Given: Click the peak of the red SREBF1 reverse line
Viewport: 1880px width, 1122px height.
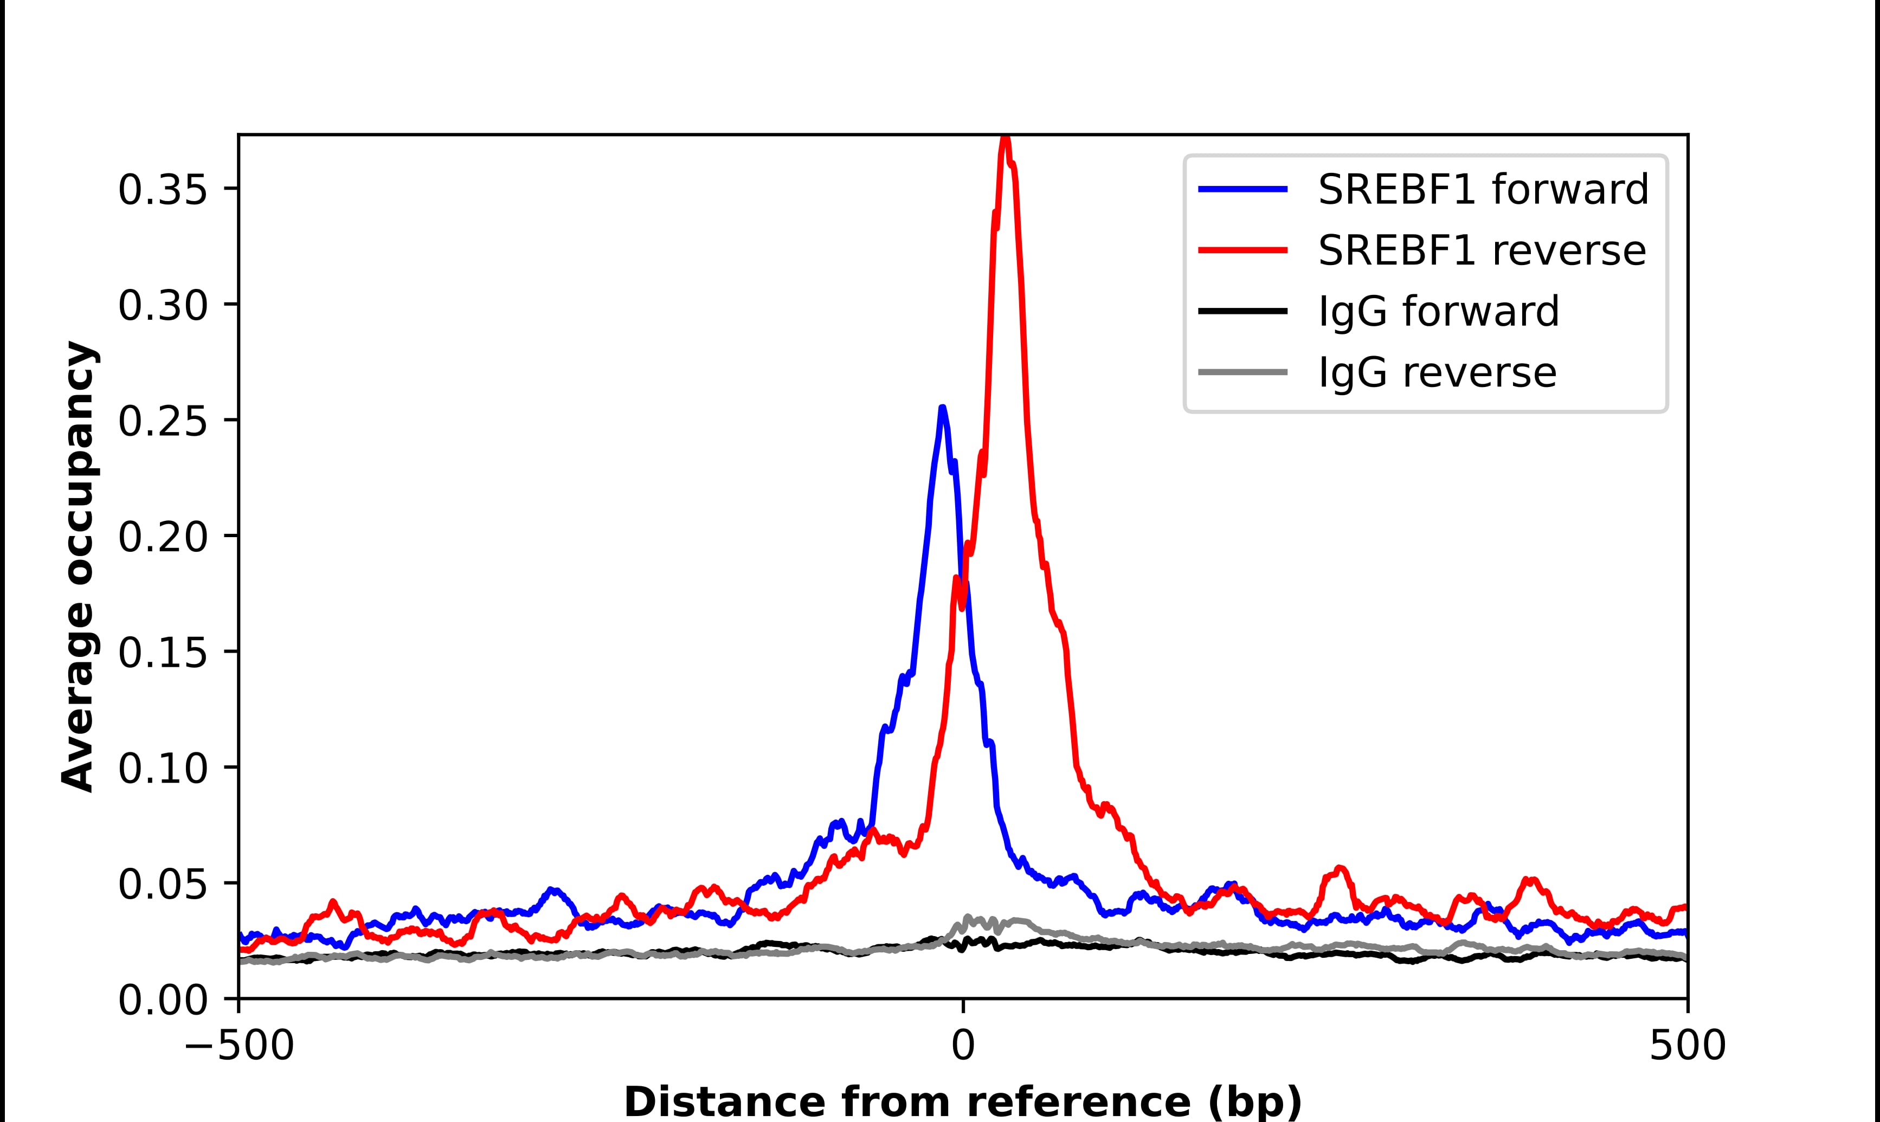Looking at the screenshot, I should pos(1005,138).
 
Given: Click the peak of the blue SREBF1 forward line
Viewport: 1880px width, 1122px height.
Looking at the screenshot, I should pos(942,408).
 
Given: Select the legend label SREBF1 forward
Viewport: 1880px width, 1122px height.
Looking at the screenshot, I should pos(1483,189).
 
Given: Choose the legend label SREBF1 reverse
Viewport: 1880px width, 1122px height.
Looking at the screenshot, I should pos(1482,250).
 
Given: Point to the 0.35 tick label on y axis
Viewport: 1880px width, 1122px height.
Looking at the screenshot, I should pos(163,189).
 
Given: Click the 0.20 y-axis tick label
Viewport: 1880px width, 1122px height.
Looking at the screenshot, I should pos(163,536).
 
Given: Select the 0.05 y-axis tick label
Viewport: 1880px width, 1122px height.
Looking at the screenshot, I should pos(163,883).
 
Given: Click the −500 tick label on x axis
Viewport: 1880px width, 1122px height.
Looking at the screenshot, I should pos(239,1047).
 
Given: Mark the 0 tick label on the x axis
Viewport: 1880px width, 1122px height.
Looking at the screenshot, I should pos(962,1047).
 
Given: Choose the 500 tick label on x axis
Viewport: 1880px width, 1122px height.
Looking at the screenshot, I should pos(1687,1047).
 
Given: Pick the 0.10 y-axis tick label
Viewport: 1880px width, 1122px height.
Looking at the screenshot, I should pos(163,768).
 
